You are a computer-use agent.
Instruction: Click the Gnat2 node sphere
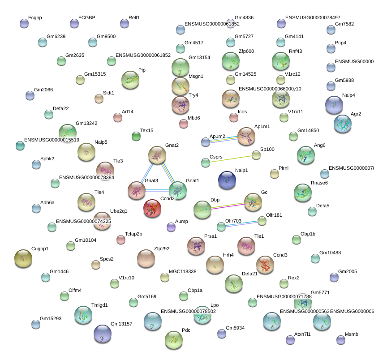(157, 155)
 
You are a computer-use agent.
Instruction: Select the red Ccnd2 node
(152, 208)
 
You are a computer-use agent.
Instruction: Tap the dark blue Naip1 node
(227, 180)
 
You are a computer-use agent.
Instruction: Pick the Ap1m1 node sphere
(246, 136)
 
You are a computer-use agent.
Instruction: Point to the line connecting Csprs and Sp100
(231, 159)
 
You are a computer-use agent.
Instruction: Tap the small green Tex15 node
(136, 136)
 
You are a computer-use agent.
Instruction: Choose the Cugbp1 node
(23, 258)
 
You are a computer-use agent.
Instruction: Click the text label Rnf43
(295, 51)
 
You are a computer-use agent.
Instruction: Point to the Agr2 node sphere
(342, 124)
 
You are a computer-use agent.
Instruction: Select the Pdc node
(173, 340)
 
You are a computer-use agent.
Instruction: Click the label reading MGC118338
(182, 272)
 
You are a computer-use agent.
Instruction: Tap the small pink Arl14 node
(118, 117)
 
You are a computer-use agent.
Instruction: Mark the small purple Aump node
(171, 227)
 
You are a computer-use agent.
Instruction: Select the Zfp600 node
(231, 61)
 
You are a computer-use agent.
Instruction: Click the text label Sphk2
(47, 159)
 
